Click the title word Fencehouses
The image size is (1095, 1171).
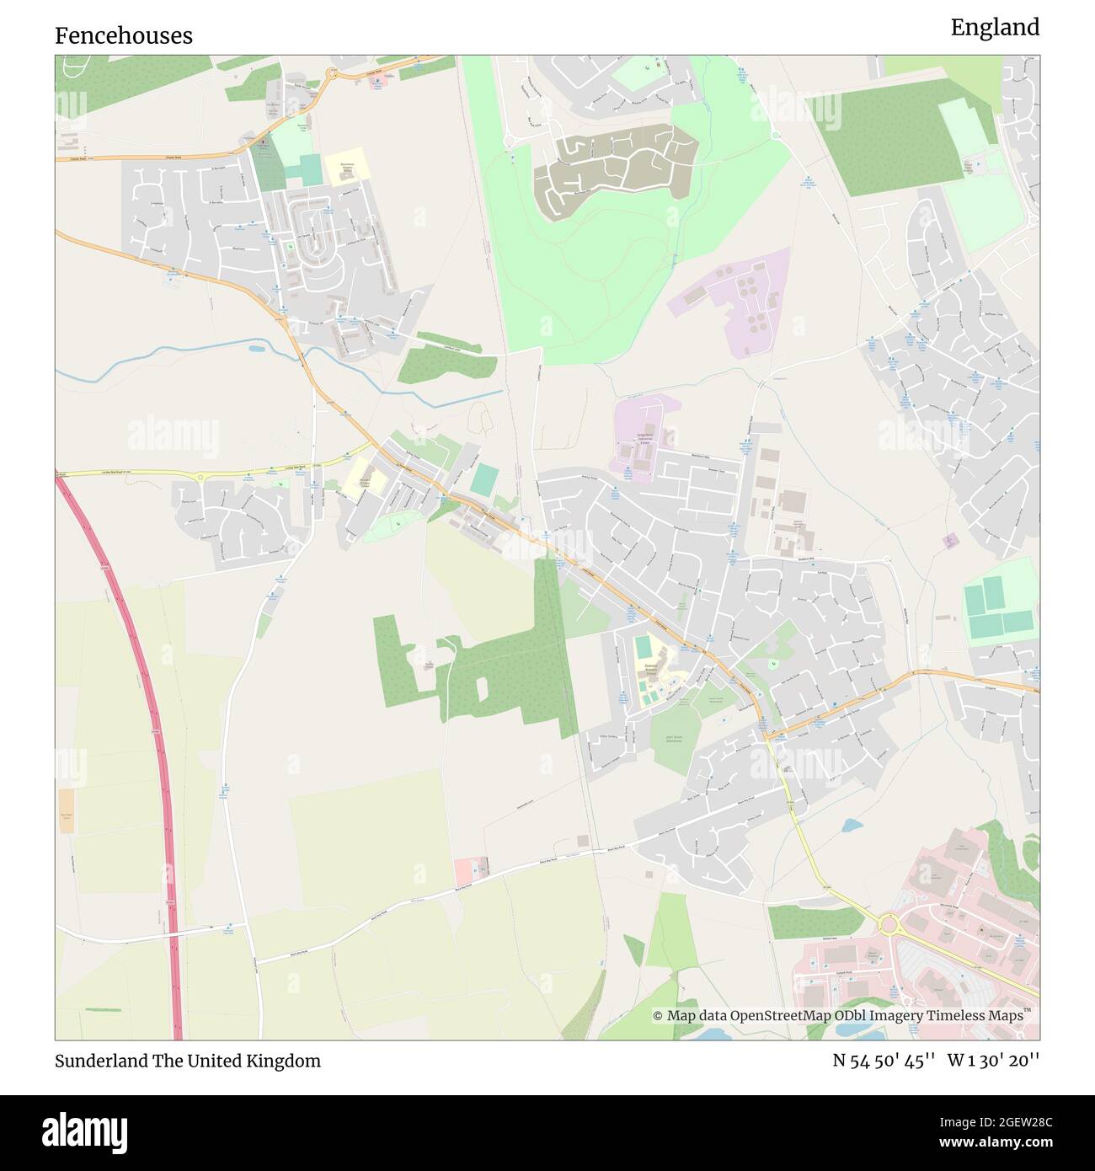[x=124, y=35]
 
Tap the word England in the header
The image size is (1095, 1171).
[x=995, y=28]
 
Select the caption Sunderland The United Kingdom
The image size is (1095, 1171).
[x=188, y=1061]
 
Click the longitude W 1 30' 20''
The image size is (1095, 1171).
[x=993, y=1061]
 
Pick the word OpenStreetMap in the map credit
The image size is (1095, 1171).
[x=780, y=1016]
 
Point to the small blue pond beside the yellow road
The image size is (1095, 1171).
[x=852, y=824]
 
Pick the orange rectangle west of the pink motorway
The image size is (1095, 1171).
[x=67, y=810]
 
